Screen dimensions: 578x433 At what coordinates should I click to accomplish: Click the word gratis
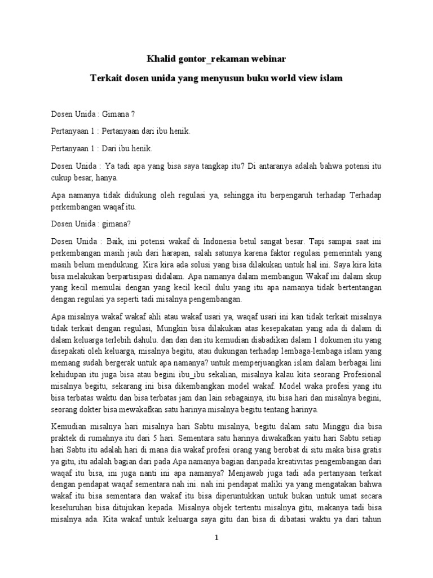pos(373,449)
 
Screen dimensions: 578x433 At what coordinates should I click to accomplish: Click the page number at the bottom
pos(216,538)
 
